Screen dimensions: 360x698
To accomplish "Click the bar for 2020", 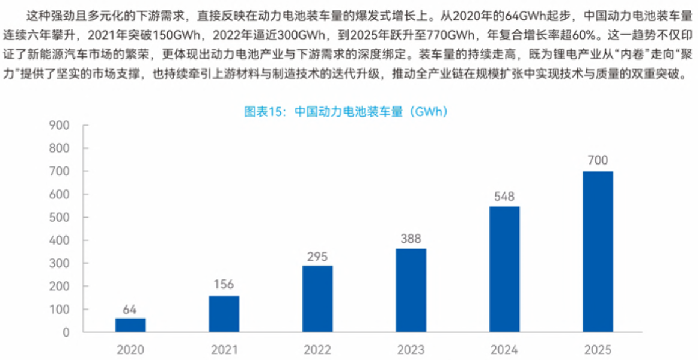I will click(130, 325).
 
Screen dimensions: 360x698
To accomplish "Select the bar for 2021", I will click(224, 314).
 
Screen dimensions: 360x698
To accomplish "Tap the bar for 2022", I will click(317, 299).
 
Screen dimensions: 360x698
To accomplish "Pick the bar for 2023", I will click(411, 290).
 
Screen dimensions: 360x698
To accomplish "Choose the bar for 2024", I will click(504, 269).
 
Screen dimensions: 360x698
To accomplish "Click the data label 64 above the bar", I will click(130, 310).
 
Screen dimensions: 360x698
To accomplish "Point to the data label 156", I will click(224, 285).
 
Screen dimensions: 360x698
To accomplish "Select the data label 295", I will click(317, 257).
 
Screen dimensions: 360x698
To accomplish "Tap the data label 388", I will click(411, 239).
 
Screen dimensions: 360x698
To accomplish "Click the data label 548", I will click(504, 196).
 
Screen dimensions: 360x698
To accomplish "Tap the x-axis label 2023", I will click(411, 349).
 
